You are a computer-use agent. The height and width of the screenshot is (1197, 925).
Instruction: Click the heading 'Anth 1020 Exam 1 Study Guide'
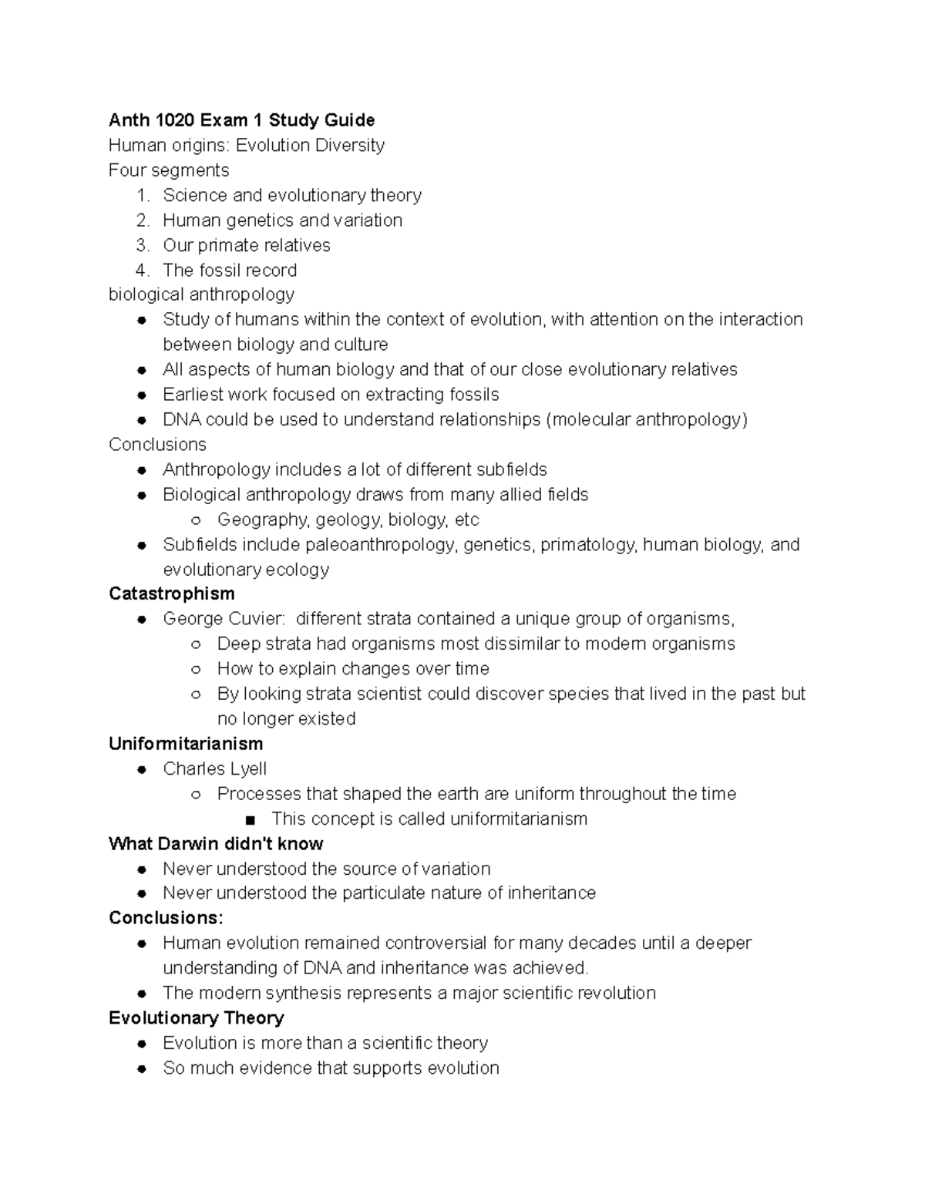pyautogui.click(x=241, y=120)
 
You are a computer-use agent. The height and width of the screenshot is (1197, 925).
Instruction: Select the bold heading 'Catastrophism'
pyautogui.click(x=171, y=593)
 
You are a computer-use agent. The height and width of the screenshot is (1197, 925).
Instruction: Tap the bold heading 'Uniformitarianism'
pyautogui.click(x=186, y=744)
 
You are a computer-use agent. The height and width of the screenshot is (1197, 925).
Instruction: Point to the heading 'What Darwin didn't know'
pyautogui.click(x=216, y=843)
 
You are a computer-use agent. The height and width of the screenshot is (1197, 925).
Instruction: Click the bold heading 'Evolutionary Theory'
pyautogui.click(x=196, y=1018)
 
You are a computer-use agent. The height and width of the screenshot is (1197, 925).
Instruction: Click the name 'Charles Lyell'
pyautogui.click(x=214, y=768)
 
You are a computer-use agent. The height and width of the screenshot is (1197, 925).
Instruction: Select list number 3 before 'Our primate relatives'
pyautogui.click(x=142, y=245)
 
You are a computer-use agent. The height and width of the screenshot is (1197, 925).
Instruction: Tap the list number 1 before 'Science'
pyautogui.click(x=142, y=196)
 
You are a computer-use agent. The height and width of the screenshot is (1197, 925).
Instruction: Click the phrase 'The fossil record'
pyautogui.click(x=229, y=271)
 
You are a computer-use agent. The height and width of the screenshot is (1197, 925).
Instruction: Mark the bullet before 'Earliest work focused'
pyautogui.click(x=142, y=395)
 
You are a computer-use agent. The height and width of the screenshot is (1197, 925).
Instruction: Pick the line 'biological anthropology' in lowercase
pyautogui.click(x=201, y=294)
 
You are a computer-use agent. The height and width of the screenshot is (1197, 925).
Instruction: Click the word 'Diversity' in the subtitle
pyautogui.click(x=348, y=146)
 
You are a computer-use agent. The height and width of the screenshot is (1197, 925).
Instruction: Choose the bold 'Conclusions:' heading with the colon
pyautogui.click(x=166, y=918)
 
